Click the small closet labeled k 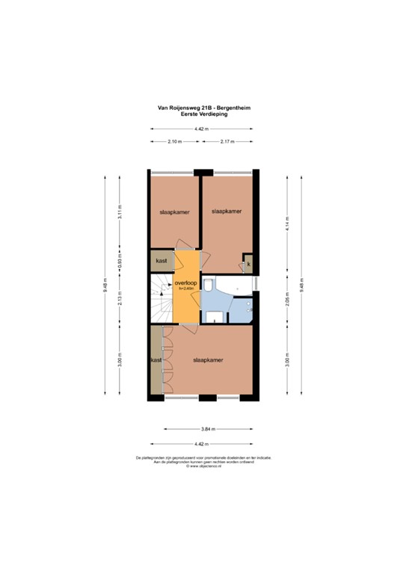pos(248,264)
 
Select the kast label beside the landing pos(161,261)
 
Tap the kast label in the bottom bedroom pos(156,360)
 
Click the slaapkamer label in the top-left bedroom pos(174,212)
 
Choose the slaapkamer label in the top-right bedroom pos(227,211)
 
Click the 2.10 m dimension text pos(175,141)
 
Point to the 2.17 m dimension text pos(227,141)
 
